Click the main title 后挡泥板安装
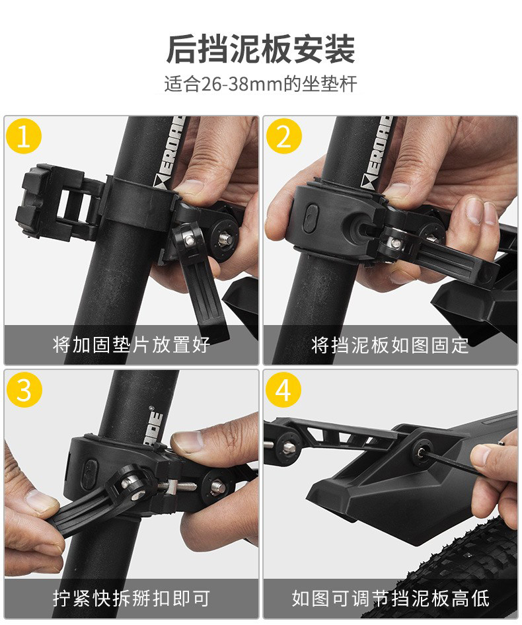tap(261, 50)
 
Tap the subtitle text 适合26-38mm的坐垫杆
tap(261, 84)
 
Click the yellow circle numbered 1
tap(24, 136)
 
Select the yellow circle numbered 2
tap(284, 136)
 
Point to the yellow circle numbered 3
tap(24, 390)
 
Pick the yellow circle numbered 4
tap(283, 390)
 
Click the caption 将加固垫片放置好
tap(131, 345)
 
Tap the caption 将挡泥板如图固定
tap(390, 345)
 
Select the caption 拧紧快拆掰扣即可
tap(131, 599)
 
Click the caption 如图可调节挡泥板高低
tap(391, 599)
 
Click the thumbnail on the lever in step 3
tap(38, 501)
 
